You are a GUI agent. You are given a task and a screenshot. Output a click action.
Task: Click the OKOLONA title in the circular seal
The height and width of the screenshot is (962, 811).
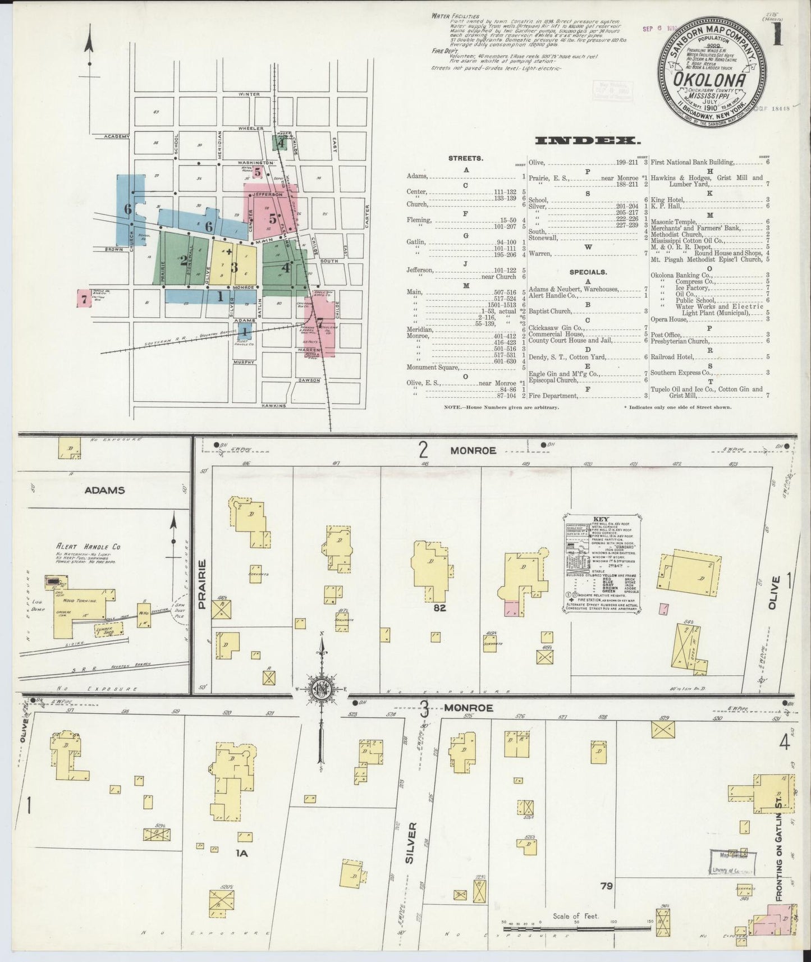[x=711, y=80]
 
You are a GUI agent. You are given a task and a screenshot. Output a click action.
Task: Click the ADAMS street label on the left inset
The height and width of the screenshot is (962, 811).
[x=104, y=490]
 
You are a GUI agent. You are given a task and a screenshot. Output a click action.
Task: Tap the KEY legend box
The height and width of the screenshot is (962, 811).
[x=602, y=563]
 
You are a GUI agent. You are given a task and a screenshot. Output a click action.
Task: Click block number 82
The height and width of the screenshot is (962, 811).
[x=439, y=607]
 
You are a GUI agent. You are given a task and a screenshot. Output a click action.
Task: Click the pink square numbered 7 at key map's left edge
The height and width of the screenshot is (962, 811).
[x=84, y=299]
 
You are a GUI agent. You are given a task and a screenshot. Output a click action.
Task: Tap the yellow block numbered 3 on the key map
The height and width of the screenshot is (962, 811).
[x=234, y=267]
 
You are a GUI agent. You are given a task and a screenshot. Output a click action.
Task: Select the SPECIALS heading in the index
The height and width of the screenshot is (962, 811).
[x=588, y=272]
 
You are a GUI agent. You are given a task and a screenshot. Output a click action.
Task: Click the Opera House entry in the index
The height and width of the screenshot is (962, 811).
[x=669, y=318]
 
